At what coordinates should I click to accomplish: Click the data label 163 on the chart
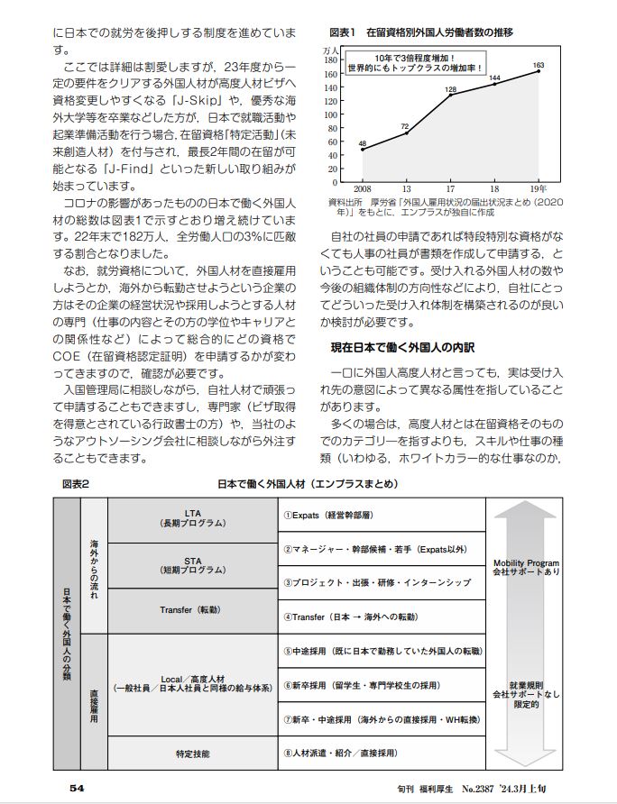539,66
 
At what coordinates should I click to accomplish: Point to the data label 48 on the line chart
362,143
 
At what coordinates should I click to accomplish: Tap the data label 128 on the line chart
451,90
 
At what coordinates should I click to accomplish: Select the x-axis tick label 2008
362,188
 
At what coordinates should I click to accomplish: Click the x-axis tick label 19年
539,188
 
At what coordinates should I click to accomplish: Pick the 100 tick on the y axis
330,111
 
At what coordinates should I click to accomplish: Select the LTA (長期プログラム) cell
192,519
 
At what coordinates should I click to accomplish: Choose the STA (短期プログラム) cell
192,565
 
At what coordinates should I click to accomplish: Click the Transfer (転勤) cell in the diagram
192,610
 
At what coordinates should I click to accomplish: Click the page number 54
78,787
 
